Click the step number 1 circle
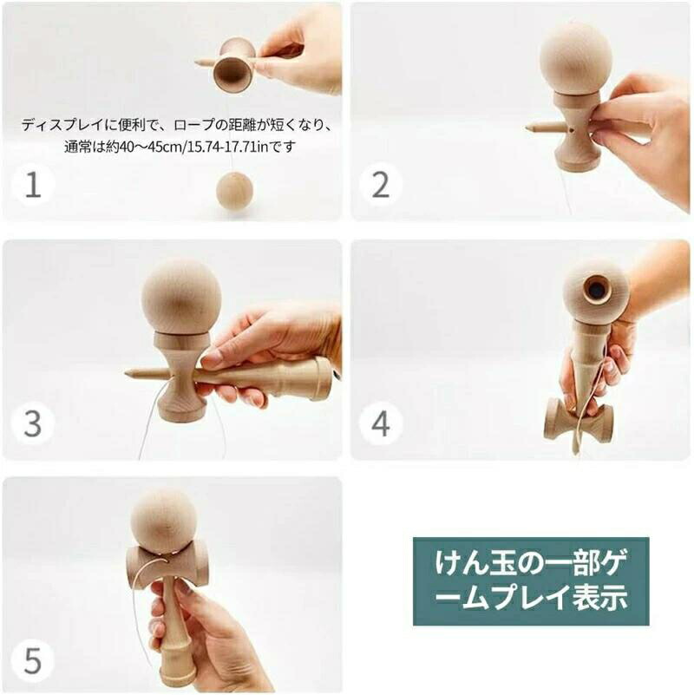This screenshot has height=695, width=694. [33, 185]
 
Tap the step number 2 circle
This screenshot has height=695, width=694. [381, 185]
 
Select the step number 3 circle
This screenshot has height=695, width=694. [33, 423]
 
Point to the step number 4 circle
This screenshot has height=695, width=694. [381, 423]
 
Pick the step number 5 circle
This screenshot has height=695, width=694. [33, 661]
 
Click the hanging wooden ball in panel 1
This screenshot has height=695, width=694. [234, 190]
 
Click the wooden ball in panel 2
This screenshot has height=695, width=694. [576, 59]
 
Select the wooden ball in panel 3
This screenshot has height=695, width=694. [181, 296]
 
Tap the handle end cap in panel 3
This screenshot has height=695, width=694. [324, 378]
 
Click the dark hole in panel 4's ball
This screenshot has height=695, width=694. [598, 291]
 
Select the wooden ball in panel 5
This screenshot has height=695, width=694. [164, 521]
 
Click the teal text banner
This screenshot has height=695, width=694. [531, 581]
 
